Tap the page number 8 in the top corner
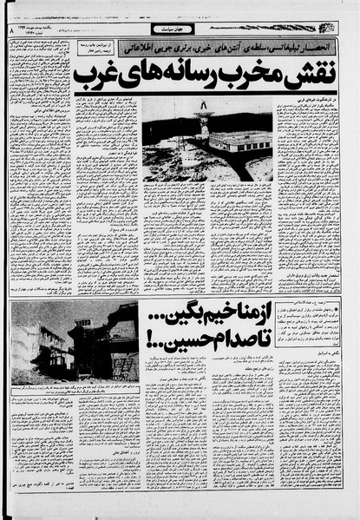(13, 30)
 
